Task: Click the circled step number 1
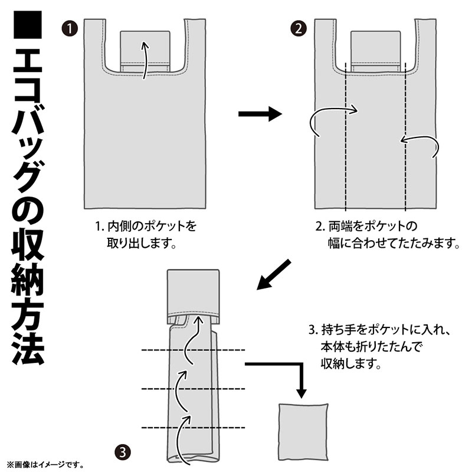pyautogui.click(x=70, y=29)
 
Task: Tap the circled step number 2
pyautogui.click(x=299, y=29)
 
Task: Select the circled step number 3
pyautogui.click(x=123, y=453)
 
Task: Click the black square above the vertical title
pyautogui.click(x=28, y=25)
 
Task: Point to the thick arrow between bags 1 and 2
pyautogui.click(x=260, y=114)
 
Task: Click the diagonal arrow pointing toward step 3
pyautogui.click(x=274, y=274)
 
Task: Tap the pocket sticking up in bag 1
pyautogui.click(x=145, y=51)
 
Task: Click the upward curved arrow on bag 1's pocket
pyautogui.click(x=145, y=60)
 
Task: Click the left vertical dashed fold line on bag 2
pyautogui.click(x=346, y=136)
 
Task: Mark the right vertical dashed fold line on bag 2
pyautogui.click(x=405, y=136)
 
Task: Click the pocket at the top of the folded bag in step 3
pyautogui.click(x=194, y=296)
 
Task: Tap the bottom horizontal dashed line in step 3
pyautogui.click(x=194, y=427)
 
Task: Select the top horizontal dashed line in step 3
pyautogui.click(x=194, y=350)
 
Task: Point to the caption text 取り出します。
pyautogui.click(x=142, y=243)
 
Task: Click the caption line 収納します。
pyautogui.click(x=351, y=363)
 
